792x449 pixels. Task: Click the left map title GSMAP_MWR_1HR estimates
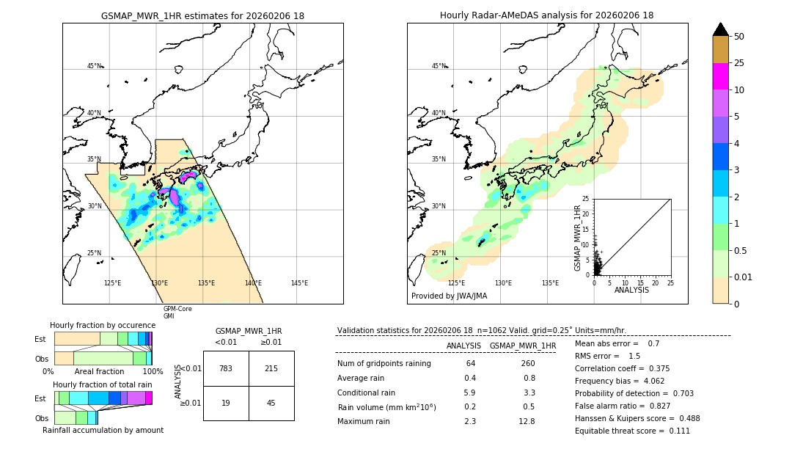pyautogui.click(x=202, y=15)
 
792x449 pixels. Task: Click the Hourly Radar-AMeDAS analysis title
pyautogui.click(x=546, y=15)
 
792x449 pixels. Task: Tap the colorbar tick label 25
pyautogui.click(x=740, y=64)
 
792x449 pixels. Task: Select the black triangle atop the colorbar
pyautogui.click(x=721, y=29)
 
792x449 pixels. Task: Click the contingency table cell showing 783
pyautogui.click(x=226, y=368)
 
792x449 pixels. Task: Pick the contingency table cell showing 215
pyautogui.click(x=271, y=368)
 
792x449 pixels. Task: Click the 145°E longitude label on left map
pyautogui.click(x=299, y=283)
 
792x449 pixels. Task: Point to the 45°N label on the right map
pyautogui.click(x=439, y=66)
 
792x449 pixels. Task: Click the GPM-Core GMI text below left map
pyautogui.click(x=177, y=312)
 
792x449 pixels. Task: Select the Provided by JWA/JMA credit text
pyautogui.click(x=449, y=296)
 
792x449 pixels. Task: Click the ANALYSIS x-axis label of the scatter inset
pyautogui.click(x=631, y=290)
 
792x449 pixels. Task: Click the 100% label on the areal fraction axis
pyautogui.click(x=153, y=372)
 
